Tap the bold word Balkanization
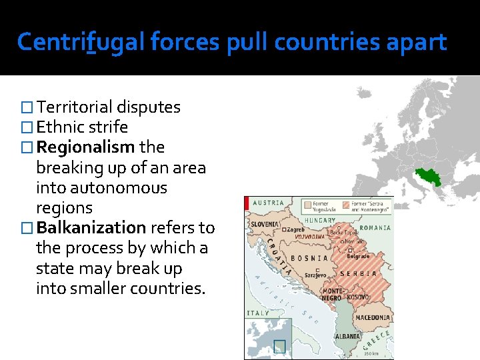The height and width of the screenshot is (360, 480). (91, 227)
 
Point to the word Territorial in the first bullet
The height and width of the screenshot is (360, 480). (75, 107)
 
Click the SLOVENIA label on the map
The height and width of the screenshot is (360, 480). (265, 224)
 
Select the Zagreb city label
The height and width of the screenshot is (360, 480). (296, 230)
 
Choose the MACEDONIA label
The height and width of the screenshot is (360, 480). (372, 317)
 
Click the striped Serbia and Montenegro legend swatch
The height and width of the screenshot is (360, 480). (346, 205)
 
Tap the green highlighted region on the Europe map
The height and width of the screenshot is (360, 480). (426, 177)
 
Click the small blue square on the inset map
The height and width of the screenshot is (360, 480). (279, 345)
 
